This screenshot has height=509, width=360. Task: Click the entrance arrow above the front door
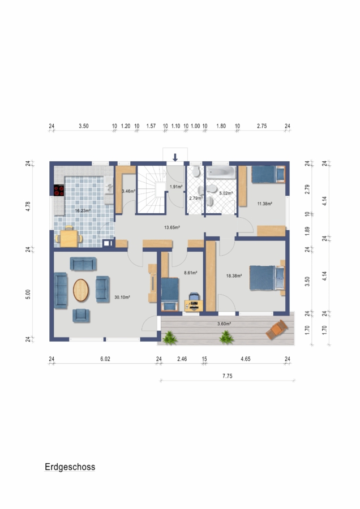click(x=175, y=157)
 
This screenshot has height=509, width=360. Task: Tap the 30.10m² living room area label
click(x=122, y=297)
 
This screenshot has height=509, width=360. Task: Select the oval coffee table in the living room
click(x=80, y=290)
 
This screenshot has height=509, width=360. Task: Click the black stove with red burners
click(x=59, y=190)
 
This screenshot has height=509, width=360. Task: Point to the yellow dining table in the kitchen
click(x=69, y=238)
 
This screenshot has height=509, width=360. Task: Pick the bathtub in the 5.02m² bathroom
click(x=221, y=172)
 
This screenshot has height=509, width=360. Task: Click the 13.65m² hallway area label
click(x=172, y=227)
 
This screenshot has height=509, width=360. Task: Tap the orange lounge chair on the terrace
click(x=276, y=330)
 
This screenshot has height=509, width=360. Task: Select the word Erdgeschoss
click(x=70, y=467)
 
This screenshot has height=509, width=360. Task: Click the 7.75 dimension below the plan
click(x=228, y=376)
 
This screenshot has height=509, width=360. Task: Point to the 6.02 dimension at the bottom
click(x=105, y=359)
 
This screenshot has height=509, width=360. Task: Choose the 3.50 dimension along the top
click(x=84, y=126)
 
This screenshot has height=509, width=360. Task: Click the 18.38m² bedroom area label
click(x=234, y=276)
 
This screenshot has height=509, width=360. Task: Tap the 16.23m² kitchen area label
click(x=83, y=210)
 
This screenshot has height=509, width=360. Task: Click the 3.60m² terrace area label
click(x=224, y=323)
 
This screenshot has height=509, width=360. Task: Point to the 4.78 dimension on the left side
click(x=28, y=206)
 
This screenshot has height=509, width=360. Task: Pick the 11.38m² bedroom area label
click(x=264, y=204)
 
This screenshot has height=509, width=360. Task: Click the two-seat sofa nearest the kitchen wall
click(x=83, y=264)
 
